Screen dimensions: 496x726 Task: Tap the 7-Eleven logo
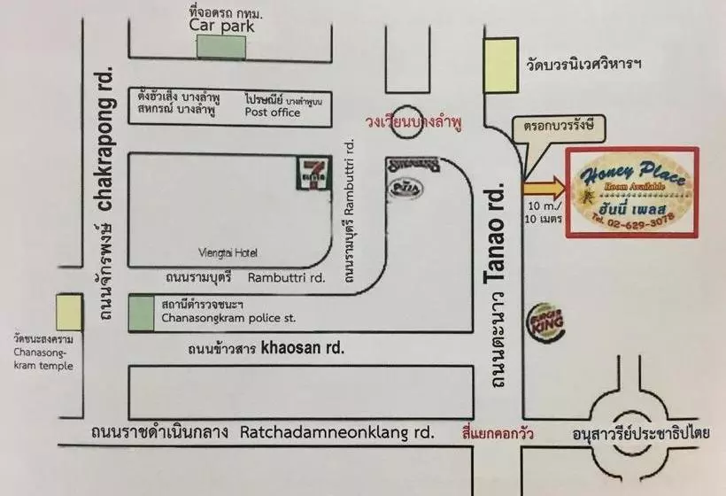pos(316,172)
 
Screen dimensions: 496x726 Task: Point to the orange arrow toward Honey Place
pos(543,187)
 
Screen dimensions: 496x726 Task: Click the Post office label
pos(272,113)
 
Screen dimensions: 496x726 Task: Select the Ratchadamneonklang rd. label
pos(337,433)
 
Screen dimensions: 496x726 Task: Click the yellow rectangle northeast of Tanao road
pos(500,65)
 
